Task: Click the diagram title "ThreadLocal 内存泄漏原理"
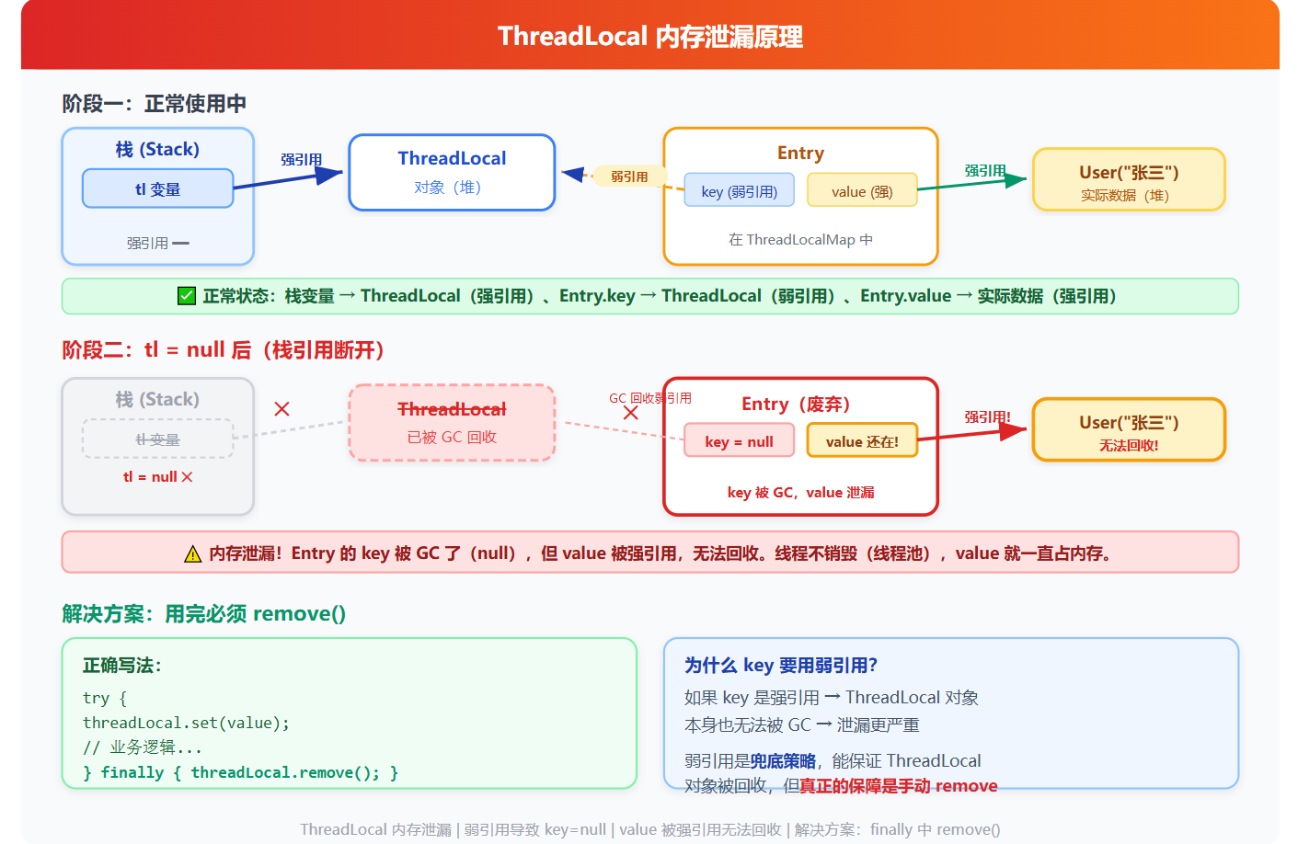pyautogui.click(x=649, y=37)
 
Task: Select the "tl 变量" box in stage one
pyautogui.click(x=157, y=188)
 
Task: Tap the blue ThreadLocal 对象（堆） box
pyautogui.click(x=452, y=172)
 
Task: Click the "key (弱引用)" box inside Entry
pyautogui.click(x=739, y=191)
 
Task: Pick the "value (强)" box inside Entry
pyautogui.click(x=862, y=191)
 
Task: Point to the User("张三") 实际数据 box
pyautogui.click(x=1128, y=180)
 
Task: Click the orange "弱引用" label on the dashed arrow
pyautogui.click(x=629, y=177)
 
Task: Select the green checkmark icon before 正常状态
pyautogui.click(x=187, y=296)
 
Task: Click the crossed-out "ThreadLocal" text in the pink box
pyautogui.click(x=452, y=409)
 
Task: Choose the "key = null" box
pyautogui.click(x=739, y=441)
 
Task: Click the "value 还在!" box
pyautogui.click(x=862, y=441)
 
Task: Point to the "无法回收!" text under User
pyautogui.click(x=1128, y=446)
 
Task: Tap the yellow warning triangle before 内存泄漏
pyautogui.click(x=192, y=553)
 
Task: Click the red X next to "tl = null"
pyautogui.click(x=187, y=477)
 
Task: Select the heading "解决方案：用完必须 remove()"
pyautogui.click(x=203, y=614)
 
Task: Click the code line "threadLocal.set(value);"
pyautogui.click(x=186, y=724)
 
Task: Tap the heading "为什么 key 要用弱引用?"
pyautogui.click(x=780, y=666)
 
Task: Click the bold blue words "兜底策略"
pyautogui.click(x=783, y=761)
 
